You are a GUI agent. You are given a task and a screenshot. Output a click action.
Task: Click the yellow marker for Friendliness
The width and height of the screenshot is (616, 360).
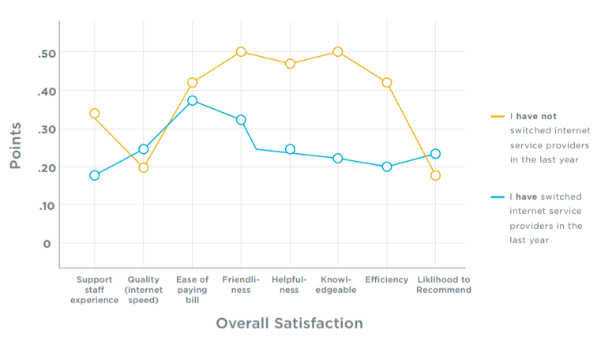241,52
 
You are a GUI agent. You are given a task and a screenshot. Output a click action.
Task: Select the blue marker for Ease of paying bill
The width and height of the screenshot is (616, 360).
192,101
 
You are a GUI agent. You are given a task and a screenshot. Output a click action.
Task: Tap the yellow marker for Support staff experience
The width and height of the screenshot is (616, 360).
95,114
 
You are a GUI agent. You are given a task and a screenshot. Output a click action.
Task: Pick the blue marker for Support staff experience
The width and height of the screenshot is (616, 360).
95,175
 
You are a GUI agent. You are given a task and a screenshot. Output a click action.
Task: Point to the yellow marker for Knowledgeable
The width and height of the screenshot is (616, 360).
338,52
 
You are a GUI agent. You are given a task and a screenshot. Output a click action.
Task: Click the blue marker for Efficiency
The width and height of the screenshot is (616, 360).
387,167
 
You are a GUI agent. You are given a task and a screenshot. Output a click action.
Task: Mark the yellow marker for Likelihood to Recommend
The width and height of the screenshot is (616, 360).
435,175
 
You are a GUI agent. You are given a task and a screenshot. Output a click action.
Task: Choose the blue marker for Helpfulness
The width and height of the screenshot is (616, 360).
290,149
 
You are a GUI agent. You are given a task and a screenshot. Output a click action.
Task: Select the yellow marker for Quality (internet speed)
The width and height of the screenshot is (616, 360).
143,167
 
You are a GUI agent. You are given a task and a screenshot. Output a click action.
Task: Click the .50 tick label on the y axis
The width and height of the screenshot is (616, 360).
44,53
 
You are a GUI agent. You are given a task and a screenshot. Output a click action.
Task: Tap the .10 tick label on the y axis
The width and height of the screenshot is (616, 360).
44,205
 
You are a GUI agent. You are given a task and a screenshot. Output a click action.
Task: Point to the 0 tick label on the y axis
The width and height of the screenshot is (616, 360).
47,243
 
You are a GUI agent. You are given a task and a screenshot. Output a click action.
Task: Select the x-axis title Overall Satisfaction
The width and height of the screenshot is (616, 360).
289,324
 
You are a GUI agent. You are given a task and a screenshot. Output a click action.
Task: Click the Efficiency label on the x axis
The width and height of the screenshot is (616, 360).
387,279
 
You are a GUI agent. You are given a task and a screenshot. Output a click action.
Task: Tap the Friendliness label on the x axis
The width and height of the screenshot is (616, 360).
241,284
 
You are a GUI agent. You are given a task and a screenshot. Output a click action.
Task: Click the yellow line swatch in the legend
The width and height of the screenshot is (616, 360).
498,117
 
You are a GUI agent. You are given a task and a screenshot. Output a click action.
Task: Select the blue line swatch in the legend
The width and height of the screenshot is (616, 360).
498,197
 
